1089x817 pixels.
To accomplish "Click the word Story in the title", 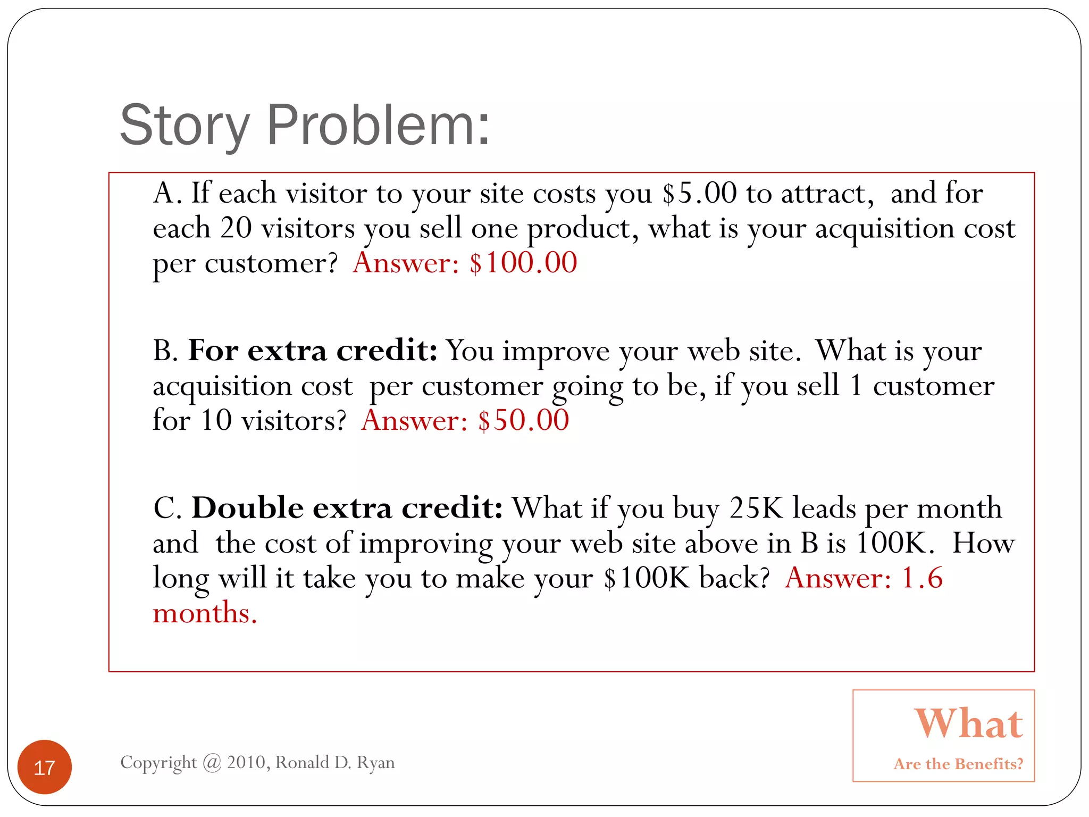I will (184, 126).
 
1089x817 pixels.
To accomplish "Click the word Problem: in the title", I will (378, 126).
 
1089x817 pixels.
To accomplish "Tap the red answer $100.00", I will (523, 263).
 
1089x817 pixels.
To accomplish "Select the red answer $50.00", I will (523, 420).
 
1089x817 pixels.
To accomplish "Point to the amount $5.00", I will (699, 193).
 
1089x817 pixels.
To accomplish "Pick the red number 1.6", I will (923, 578).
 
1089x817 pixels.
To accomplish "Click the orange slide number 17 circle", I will (45, 767).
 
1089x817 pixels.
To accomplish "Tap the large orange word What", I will (968, 723).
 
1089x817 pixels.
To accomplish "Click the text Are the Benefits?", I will (958, 764).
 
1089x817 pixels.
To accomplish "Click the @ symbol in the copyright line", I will (212, 763).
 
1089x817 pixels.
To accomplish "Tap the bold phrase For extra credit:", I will (313, 351).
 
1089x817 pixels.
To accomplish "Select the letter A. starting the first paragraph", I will (167, 193).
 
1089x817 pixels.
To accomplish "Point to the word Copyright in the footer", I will (158, 763).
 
